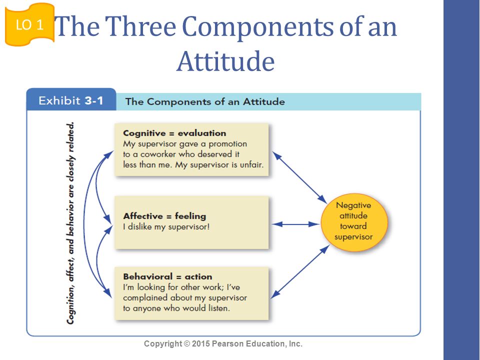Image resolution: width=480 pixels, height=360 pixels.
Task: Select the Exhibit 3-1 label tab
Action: [x=70, y=100]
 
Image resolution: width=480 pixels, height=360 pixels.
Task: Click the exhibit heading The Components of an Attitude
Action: [x=205, y=101]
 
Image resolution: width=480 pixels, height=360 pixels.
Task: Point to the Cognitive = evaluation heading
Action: [x=174, y=133]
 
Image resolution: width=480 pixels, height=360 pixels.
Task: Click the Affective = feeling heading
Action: [x=164, y=216]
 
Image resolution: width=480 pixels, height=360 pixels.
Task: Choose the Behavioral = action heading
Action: [x=167, y=276]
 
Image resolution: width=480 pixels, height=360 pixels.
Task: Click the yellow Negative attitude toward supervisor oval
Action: [x=353, y=221]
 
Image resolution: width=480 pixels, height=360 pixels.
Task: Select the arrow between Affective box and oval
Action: [x=295, y=224]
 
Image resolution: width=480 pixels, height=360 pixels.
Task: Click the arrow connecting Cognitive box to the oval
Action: [x=298, y=177]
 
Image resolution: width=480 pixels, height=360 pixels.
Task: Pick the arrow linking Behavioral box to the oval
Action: [x=299, y=272]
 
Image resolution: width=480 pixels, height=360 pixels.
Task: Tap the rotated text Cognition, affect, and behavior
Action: [x=71, y=223]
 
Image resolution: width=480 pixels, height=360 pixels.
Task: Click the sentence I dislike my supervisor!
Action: [x=166, y=227]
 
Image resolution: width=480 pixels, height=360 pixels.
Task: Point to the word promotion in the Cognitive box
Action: [x=227, y=144]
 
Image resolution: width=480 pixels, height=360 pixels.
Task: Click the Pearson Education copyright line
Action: [x=223, y=344]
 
